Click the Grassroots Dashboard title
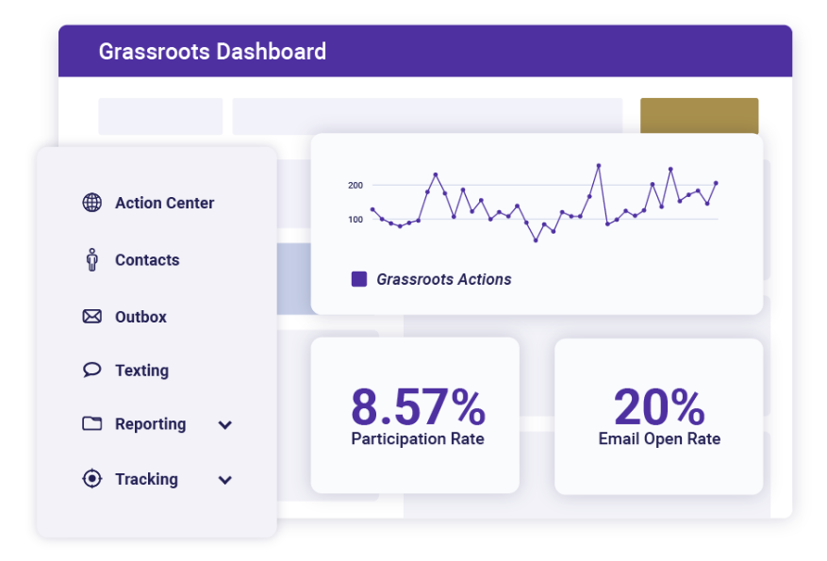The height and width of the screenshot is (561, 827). pyautogui.click(x=212, y=52)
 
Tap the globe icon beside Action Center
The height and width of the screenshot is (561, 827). pyautogui.click(x=91, y=203)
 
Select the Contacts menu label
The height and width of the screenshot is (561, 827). pyautogui.click(x=147, y=260)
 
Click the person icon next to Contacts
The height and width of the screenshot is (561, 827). pyautogui.click(x=91, y=259)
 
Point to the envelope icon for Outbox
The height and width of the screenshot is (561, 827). pyautogui.click(x=91, y=317)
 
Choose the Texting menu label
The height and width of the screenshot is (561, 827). pyautogui.click(x=141, y=371)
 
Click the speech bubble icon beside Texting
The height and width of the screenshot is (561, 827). pyautogui.click(x=91, y=370)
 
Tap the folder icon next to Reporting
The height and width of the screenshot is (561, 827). pyautogui.click(x=91, y=424)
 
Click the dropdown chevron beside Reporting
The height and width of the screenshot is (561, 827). pyautogui.click(x=225, y=425)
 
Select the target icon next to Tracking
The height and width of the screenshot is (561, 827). pyautogui.click(x=91, y=479)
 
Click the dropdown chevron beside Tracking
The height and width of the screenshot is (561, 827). pyautogui.click(x=225, y=480)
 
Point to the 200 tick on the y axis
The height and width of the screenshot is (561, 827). pyautogui.click(x=356, y=186)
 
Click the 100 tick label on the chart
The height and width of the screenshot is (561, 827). pyautogui.click(x=356, y=220)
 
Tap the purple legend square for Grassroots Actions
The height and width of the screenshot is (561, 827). pyautogui.click(x=359, y=279)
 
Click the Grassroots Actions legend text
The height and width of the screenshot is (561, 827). pyautogui.click(x=444, y=279)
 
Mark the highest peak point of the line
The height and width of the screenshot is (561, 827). pyautogui.click(x=599, y=166)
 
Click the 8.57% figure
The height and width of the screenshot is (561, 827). pyautogui.click(x=418, y=407)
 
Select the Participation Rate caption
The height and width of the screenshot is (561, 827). pyautogui.click(x=418, y=438)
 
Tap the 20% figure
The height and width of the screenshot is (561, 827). pyautogui.click(x=659, y=407)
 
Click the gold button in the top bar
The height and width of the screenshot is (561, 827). pyautogui.click(x=699, y=116)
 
